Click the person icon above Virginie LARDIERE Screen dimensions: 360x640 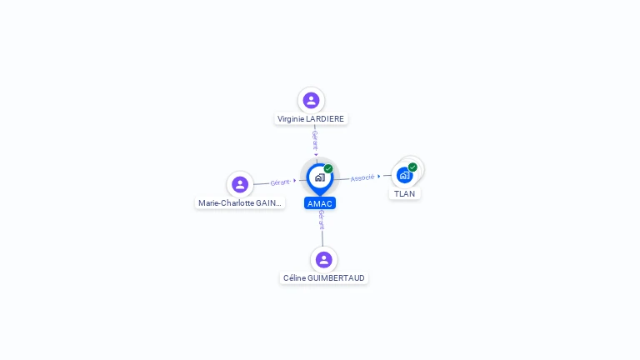pyautogui.click(x=311, y=100)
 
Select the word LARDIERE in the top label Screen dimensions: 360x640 pyautogui.click(x=326, y=119)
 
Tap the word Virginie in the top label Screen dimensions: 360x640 pyautogui.click(x=292, y=119)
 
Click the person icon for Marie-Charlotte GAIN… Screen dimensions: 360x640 pyautogui.click(x=240, y=184)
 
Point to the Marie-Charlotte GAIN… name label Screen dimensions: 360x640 pyautogui.click(x=240, y=202)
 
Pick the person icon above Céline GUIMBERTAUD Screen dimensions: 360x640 pyautogui.click(x=324, y=259)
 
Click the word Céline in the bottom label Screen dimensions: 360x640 pyautogui.click(x=294, y=278)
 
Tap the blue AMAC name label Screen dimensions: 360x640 pyautogui.click(x=320, y=203)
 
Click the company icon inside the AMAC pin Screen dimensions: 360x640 pyautogui.click(x=319, y=177)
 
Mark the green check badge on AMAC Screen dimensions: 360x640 pyautogui.click(x=328, y=169)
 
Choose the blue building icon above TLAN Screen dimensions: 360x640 pyautogui.click(x=404, y=175)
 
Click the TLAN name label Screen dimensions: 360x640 pyautogui.click(x=404, y=193)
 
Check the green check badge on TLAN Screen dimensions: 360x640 pyautogui.click(x=412, y=167)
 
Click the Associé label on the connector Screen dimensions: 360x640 pyautogui.click(x=362, y=177)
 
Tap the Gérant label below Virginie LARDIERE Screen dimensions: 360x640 pyautogui.click(x=315, y=139)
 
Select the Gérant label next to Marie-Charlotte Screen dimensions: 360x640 pyautogui.click(x=280, y=182)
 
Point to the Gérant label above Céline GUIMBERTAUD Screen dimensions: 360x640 pyautogui.click(x=322, y=220)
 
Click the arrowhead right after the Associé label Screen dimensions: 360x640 pyautogui.click(x=380, y=176)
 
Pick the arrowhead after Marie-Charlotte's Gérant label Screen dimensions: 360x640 pyautogui.click(x=295, y=181)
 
